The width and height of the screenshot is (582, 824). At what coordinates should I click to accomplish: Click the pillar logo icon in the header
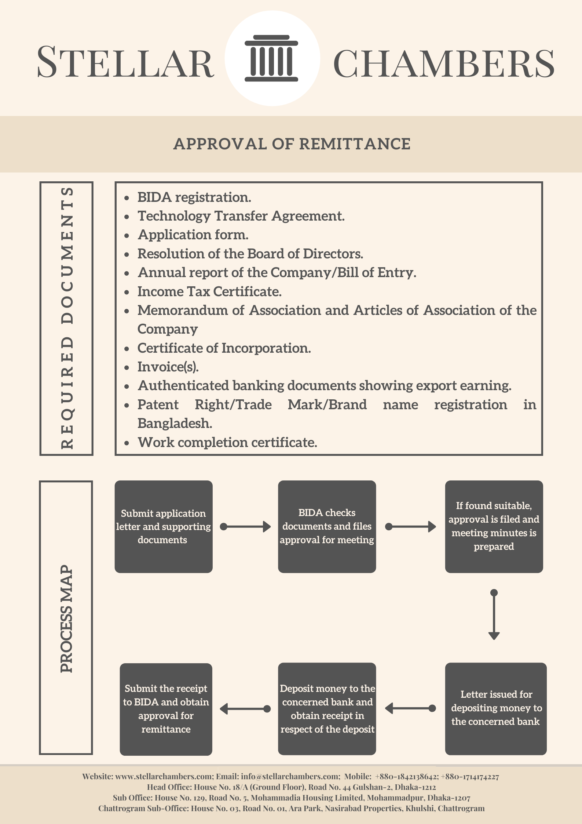point(271,58)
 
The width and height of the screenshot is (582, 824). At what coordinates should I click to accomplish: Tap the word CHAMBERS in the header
point(444,63)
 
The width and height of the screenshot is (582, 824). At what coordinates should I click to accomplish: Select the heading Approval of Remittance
point(292,144)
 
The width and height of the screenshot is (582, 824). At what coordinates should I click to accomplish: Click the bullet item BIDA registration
point(194,197)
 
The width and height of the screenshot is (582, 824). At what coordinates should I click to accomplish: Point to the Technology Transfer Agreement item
point(241,216)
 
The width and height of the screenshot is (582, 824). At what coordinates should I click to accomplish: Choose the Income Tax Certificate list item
point(209,292)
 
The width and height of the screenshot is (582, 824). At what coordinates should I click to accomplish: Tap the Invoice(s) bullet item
point(168,367)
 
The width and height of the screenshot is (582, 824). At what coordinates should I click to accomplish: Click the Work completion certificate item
point(227,443)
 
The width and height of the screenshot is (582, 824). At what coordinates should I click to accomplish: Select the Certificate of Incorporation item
point(224,348)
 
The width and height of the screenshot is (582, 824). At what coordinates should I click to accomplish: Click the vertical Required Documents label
point(67,318)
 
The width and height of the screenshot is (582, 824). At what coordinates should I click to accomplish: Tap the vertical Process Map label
point(66,618)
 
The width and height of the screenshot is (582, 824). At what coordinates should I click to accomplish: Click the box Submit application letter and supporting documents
point(164,527)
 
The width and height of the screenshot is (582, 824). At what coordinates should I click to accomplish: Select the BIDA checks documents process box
point(327,527)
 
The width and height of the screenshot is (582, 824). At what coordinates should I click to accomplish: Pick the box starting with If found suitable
point(494,527)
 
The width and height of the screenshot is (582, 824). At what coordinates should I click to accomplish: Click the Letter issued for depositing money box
point(496,709)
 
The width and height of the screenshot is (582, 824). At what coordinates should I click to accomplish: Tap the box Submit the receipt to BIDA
point(166,709)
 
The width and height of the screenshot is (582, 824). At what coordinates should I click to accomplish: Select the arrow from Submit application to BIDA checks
point(245,527)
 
